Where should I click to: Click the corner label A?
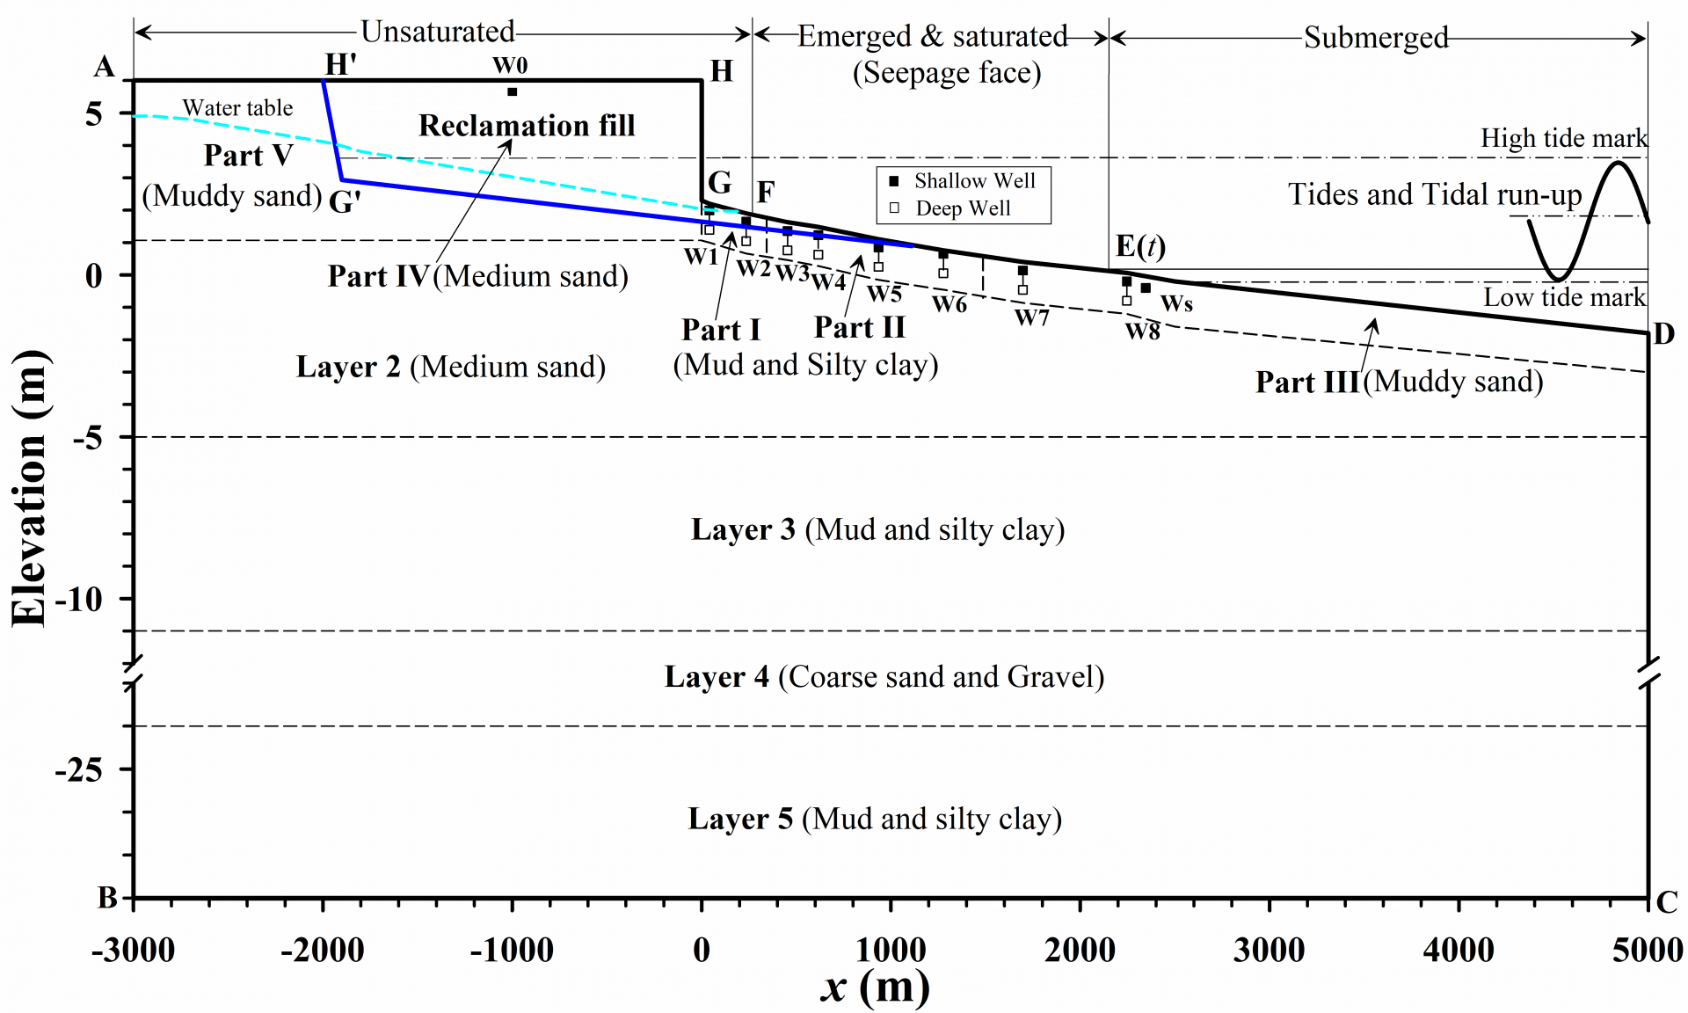point(105,67)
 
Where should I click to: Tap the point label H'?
point(340,64)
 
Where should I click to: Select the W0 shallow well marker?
point(512,91)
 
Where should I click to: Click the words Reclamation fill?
point(527,126)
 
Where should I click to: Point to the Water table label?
point(237,108)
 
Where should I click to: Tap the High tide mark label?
point(1563,138)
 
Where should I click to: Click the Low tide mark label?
point(1564,297)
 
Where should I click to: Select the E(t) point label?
point(1140,247)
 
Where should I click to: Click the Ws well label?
point(1176,304)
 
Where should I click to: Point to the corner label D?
point(1663,334)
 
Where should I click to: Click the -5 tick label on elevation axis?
point(88,437)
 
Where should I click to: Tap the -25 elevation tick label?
point(79,770)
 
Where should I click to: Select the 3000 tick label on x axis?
point(1269,951)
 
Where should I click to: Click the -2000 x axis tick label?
point(322,951)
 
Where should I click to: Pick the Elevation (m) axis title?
point(30,488)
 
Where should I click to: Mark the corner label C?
point(1667,902)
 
